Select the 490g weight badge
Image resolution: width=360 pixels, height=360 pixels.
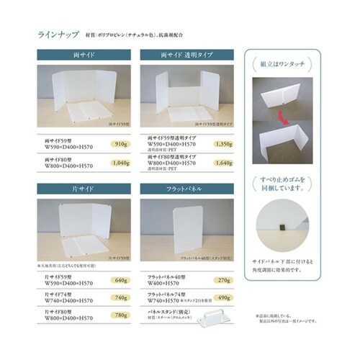tap(223, 297)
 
